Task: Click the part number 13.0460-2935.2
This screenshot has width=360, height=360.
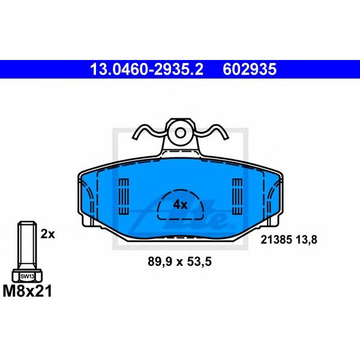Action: pos(147,69)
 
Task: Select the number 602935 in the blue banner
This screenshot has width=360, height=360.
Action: pos(250,69)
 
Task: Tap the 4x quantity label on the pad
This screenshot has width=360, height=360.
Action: pos(180,205)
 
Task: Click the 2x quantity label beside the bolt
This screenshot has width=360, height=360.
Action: pos(48,234)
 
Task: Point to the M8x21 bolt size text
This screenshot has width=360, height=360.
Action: pos(28,291)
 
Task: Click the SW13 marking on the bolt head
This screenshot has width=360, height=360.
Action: pos(27,277)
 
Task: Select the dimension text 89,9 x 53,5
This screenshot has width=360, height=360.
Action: pos(179,262)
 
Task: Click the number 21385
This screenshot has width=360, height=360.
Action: pos(276,240)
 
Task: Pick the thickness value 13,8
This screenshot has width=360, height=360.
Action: pos(307,240)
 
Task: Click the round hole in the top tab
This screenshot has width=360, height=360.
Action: pos(181,133)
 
